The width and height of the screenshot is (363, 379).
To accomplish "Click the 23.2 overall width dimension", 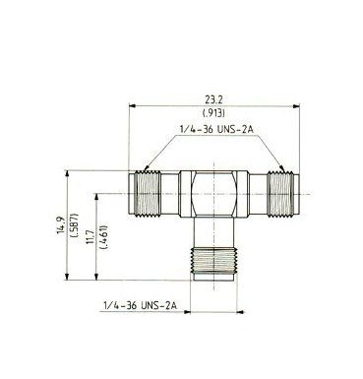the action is click(x=213, y=99).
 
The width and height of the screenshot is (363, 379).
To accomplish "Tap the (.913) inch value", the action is click(x=213, y=113).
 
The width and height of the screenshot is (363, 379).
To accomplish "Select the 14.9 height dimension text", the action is click(x=61, y=224).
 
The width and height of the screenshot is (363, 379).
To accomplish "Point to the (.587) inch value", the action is click(x=75, y=225).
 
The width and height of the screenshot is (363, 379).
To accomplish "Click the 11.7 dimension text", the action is click(x=91, y=237).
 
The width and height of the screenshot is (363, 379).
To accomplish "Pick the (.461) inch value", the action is click(x=105, y=237).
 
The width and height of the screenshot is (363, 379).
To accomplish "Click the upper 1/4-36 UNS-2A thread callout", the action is click(x=216, y=129).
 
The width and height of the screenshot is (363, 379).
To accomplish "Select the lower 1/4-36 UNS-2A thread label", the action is click(x=140, y=305).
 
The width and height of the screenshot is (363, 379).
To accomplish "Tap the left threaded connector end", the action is click(x=145, y=194).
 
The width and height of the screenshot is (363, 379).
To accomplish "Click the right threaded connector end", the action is click(x=283, y=194).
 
